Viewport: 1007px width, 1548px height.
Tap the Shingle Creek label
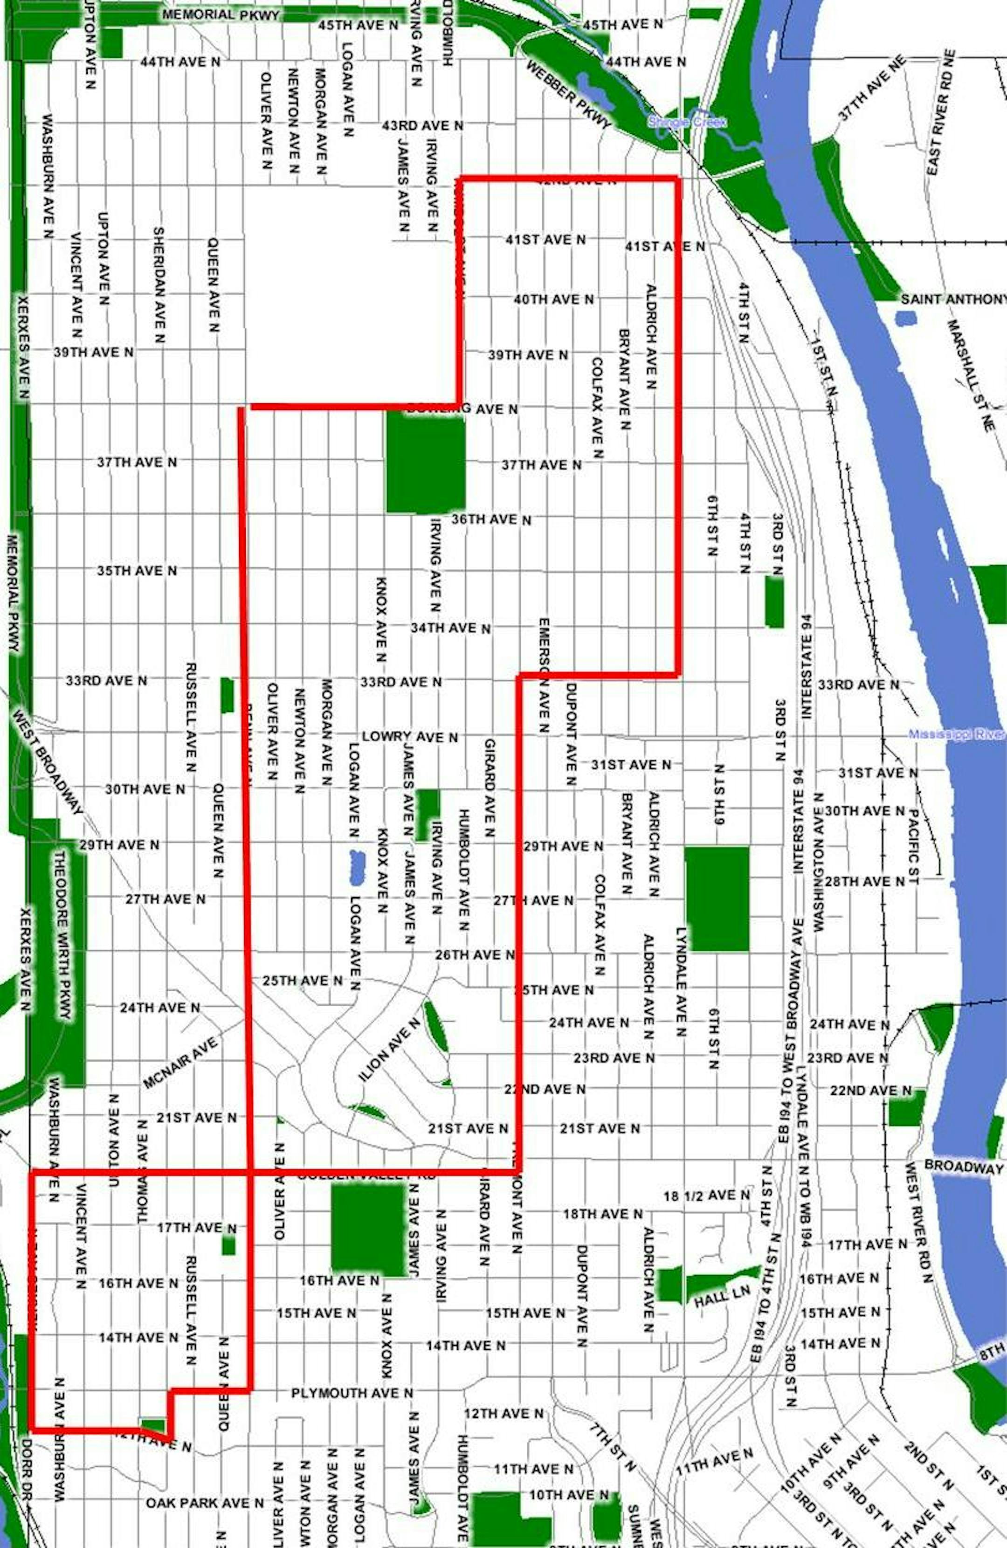click(686, 122)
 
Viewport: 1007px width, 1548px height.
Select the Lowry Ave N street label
click(410, 737)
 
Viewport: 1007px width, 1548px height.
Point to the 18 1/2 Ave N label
click(706, 1196)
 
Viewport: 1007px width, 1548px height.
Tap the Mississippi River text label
click(956, 734)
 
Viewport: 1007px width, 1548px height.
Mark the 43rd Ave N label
click(422, 125)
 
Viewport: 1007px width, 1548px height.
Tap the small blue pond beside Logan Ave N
click(357, 866)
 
